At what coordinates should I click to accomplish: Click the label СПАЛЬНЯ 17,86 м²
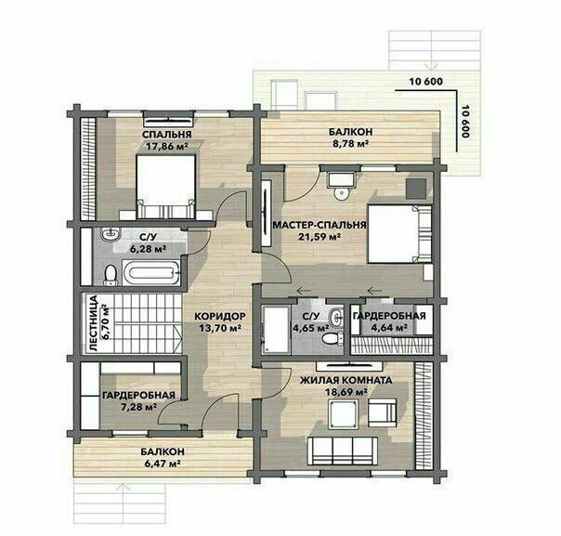click(x=167, y=140)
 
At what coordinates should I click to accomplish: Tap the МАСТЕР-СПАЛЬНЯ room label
click(x=320, y=225)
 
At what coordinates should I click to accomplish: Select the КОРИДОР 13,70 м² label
click(x=220, y=322)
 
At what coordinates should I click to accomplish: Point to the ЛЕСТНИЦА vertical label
click(x=94, y=323)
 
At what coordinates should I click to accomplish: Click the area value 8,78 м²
click(x=349, y=143)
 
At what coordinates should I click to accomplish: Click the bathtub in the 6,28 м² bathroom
click(x=151, y=273)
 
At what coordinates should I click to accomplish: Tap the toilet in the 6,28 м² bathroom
click(x=111, y=275)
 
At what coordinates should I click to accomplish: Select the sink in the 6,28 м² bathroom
click(x=111, y=234)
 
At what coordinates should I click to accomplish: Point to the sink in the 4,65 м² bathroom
click(x=336, y=317)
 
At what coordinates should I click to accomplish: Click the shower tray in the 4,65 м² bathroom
click(x=276, y=330)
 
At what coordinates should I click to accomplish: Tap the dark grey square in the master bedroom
click(x=416, y=189)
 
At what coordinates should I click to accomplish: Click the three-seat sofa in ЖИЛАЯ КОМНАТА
click(x=343, y=451)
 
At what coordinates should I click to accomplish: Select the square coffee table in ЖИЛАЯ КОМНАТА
click(x=344, y=414)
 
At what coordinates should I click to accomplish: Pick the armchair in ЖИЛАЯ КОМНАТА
click(x=383, y=412)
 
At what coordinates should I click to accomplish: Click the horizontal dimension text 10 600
click(x=425, y=82)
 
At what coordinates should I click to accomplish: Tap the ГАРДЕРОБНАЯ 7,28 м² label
click(x=138, y=400)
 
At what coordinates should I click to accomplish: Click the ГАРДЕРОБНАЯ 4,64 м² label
click(x=389, y=321)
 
